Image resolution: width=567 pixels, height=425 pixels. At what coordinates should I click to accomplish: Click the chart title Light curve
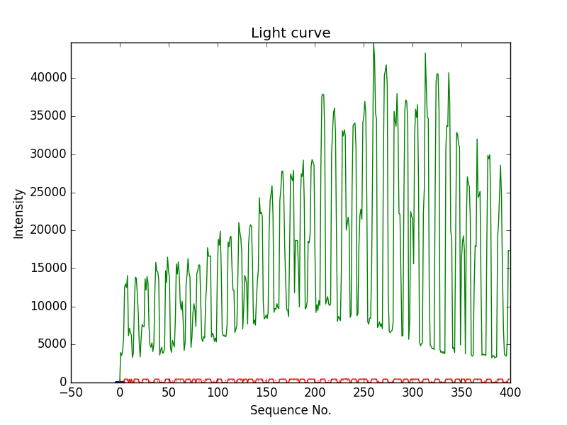click(291, 33)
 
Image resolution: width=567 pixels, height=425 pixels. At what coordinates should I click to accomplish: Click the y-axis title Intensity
click(19, 213)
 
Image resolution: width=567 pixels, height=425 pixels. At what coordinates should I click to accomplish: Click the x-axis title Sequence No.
click(291, 410)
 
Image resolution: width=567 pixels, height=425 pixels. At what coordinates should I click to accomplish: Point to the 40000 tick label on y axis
click(48, 77)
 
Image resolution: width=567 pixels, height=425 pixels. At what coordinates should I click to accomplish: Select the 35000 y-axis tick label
click(48, 115)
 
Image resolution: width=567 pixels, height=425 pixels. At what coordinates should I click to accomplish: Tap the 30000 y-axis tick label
click(48, 154)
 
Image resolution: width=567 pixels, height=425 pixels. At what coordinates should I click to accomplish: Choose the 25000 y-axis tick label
click(48, 192)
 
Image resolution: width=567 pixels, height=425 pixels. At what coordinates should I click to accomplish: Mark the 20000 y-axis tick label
click(48, 230)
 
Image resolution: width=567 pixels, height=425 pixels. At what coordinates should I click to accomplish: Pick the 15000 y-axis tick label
click(48, 268)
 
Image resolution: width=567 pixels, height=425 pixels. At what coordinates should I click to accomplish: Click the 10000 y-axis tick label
click(48, 307)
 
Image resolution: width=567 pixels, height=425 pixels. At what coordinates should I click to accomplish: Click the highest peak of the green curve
click(374, 44)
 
